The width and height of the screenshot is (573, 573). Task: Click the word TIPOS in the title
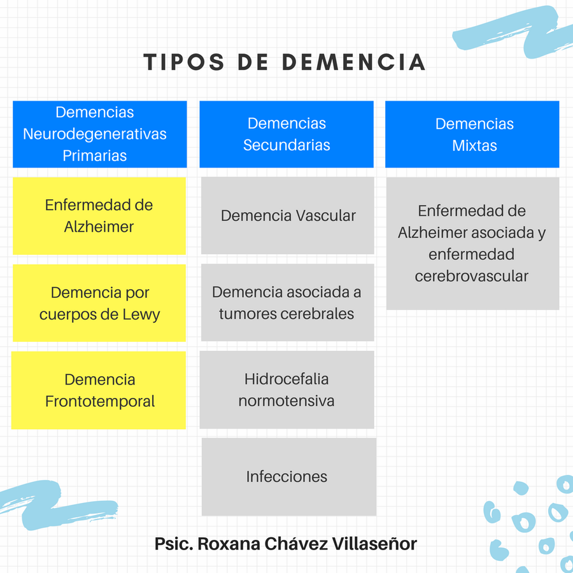[183, 62]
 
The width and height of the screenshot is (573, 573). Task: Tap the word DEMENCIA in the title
[354, 62]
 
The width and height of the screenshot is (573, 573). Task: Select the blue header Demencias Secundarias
[286, 134]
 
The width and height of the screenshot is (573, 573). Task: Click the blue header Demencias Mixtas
[472, 134]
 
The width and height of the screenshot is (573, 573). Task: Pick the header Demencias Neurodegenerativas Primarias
[100, 134]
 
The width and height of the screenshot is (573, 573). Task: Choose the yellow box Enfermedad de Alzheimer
[99, 216]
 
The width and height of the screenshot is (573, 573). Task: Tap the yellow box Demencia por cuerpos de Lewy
[99, 303]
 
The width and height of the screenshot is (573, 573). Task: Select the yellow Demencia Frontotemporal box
[99, 390]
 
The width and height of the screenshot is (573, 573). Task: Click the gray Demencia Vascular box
[288, 216]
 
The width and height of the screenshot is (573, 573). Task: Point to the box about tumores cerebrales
[288, 302]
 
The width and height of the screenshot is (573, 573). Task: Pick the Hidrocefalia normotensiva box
[287, 390]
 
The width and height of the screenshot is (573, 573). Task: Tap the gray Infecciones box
[289, 477]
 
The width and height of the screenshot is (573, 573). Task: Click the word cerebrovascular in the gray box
[471, 276]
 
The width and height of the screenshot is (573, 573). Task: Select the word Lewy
[141, 315]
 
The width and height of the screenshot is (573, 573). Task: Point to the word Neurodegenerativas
[95, 134]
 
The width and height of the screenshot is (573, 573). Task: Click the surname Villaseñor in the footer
[374, 544]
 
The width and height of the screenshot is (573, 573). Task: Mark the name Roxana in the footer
[229, 544]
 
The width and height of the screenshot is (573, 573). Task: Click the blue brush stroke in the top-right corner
[512, 32]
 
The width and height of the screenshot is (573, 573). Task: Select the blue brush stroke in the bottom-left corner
[55, 505]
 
